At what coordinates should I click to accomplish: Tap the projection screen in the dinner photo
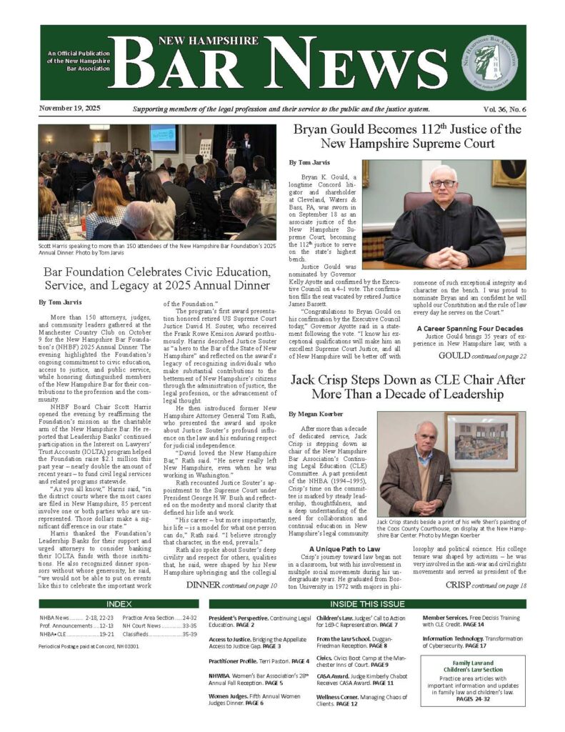coord(163,138)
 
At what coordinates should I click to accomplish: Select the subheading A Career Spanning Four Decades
coord(466,328)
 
